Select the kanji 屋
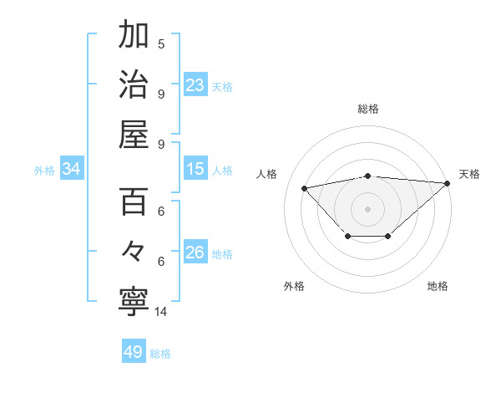(x=134, y=134)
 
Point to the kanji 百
(x=134, y=202)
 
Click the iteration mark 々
(x=134, y=251)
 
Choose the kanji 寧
(x=134, y=300)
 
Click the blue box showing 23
(x=195, y=84)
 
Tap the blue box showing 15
(x=195, y=169)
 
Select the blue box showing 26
(x=195, y=253)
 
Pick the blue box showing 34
(x=72, y=169)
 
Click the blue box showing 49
(x=134, y=352)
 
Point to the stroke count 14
(x=161, y=312)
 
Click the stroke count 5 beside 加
(x=161, y=43)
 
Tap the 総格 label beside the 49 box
(x=160, y=353)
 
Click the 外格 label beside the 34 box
(x=44, y=170)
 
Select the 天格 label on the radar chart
(x=469, y=174)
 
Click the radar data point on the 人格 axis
(x=304, y=188)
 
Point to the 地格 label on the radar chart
(x=438, y=286)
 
